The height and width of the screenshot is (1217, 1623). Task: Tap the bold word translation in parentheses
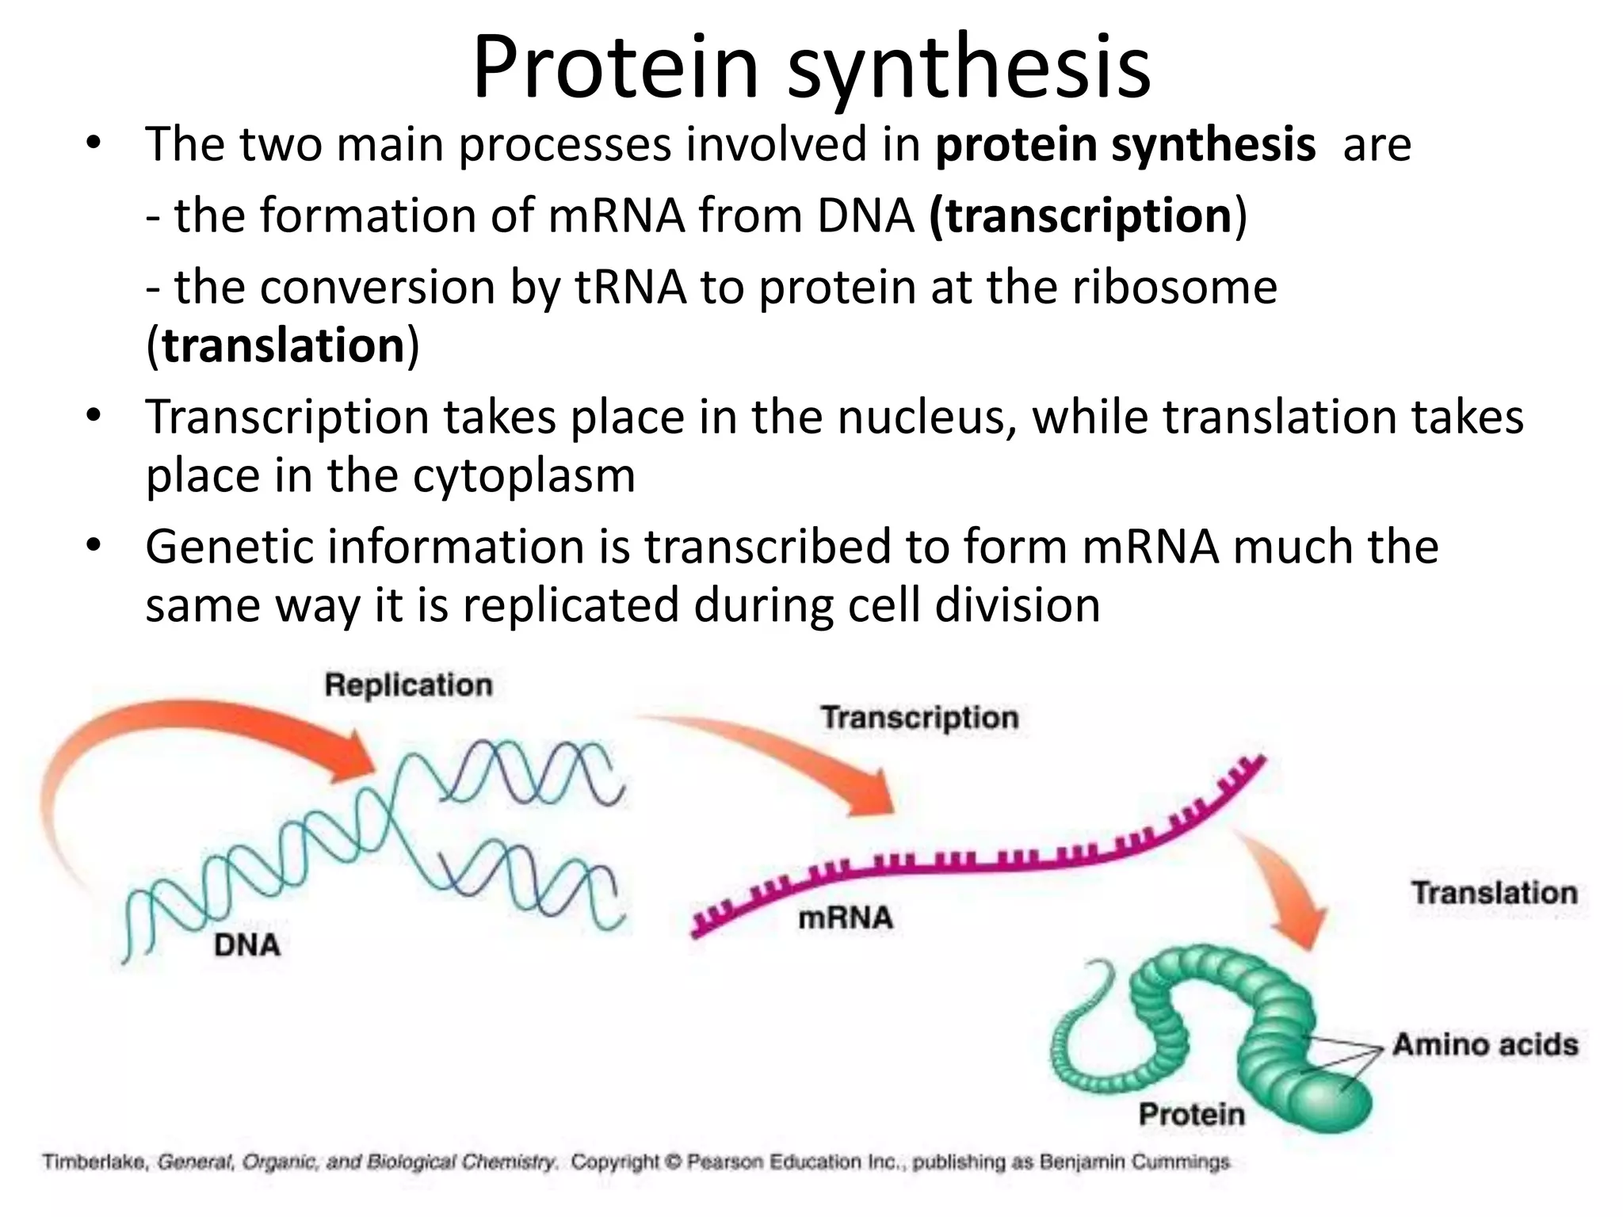pyautogui.click(x=284, y=346)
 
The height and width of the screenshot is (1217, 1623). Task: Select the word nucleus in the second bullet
pyautogui.click(x=925, y=418)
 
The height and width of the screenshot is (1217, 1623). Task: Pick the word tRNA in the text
pyautogui.click(x=630, y=287)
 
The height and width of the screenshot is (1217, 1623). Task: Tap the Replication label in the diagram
pyautogui.click(x=408, y=685)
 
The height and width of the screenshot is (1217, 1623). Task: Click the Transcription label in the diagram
pyautogui.click(x=919, y=718)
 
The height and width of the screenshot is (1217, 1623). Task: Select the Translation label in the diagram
pyautogui.click(x=1494, y=893)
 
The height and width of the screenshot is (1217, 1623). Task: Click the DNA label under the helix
pyautogui.click(x=246, y=945)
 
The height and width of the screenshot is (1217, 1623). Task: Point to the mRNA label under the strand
pyautogui.click(x=846, y=918)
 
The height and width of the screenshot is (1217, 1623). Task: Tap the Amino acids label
pyautogui.click(x=1485, y=1044)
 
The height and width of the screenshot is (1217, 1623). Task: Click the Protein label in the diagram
pyautogui.click(x=1192, y=1114)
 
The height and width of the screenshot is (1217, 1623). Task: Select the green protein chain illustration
pyautogui.click(x=1268, y=1030)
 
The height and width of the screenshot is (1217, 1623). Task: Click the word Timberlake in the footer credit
pyautogui.click(x=94, y=1162)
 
